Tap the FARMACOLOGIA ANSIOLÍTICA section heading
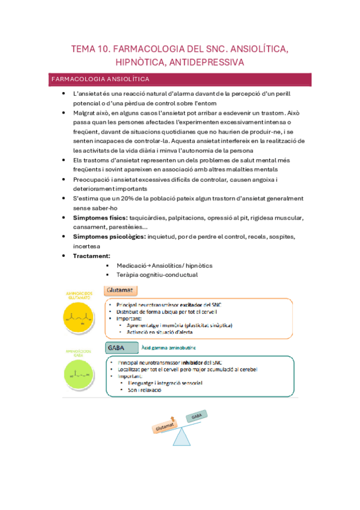click(x=101, y=79)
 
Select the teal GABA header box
click(x=120, y=348)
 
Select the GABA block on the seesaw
click(x=196, y=417)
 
